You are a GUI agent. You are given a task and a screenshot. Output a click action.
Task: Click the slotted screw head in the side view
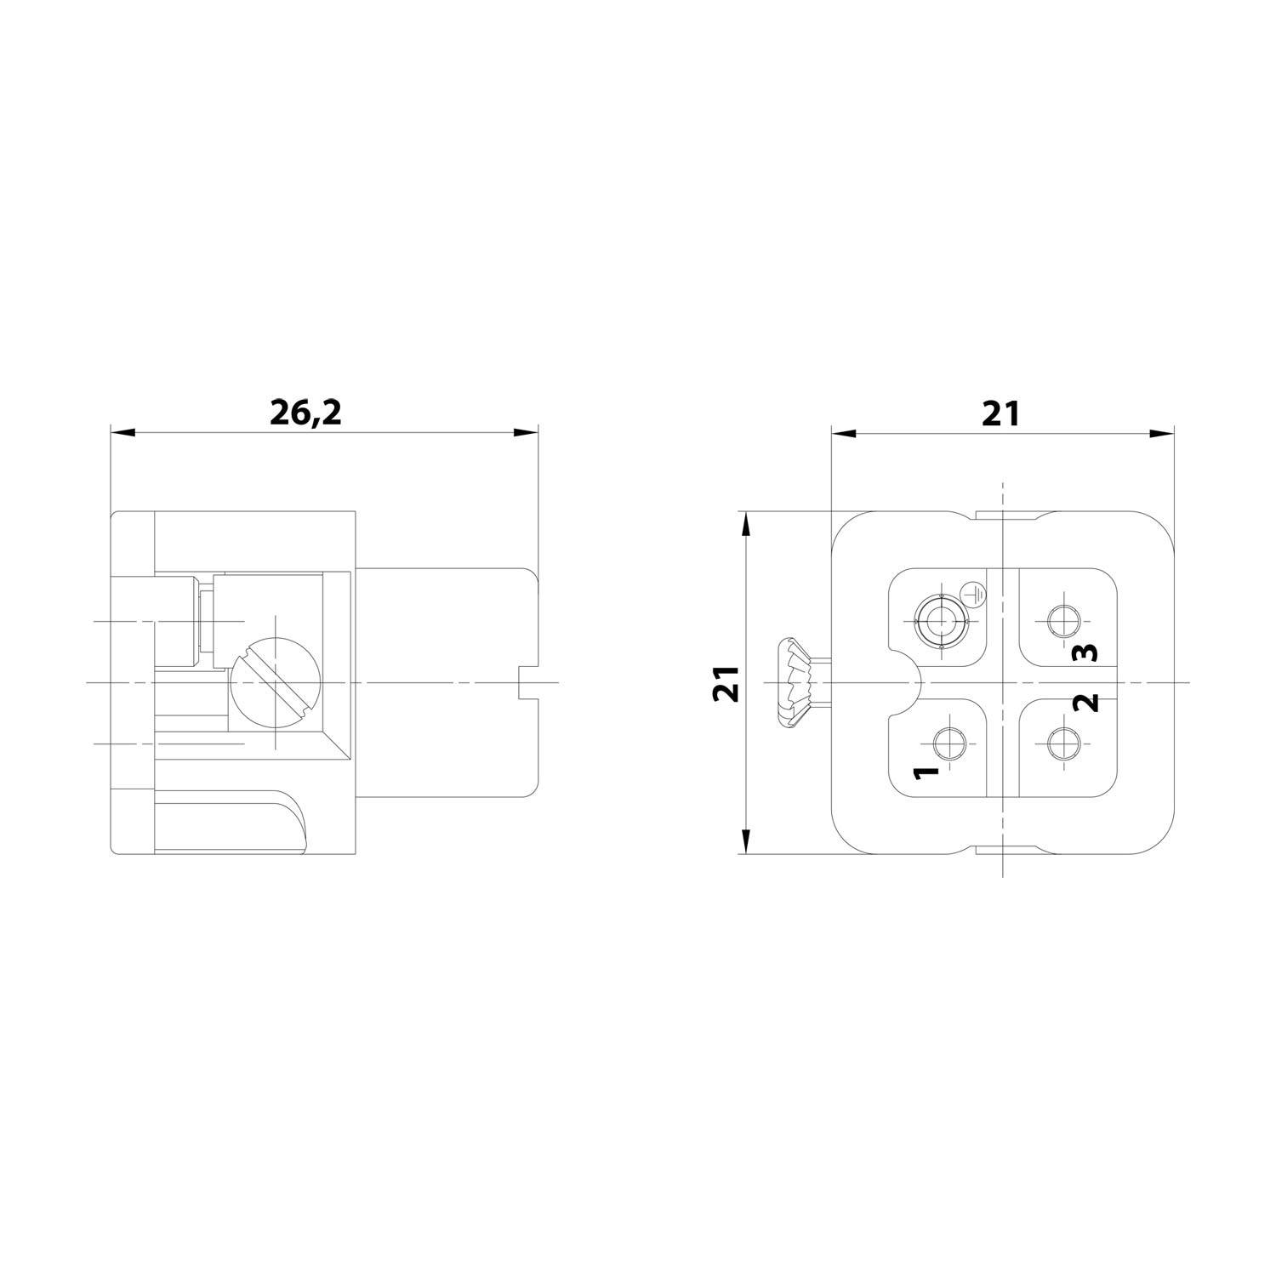(274, 683)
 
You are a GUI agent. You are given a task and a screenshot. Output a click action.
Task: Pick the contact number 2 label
(1086, 703)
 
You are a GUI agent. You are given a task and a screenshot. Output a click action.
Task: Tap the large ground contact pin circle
(941, 623)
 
